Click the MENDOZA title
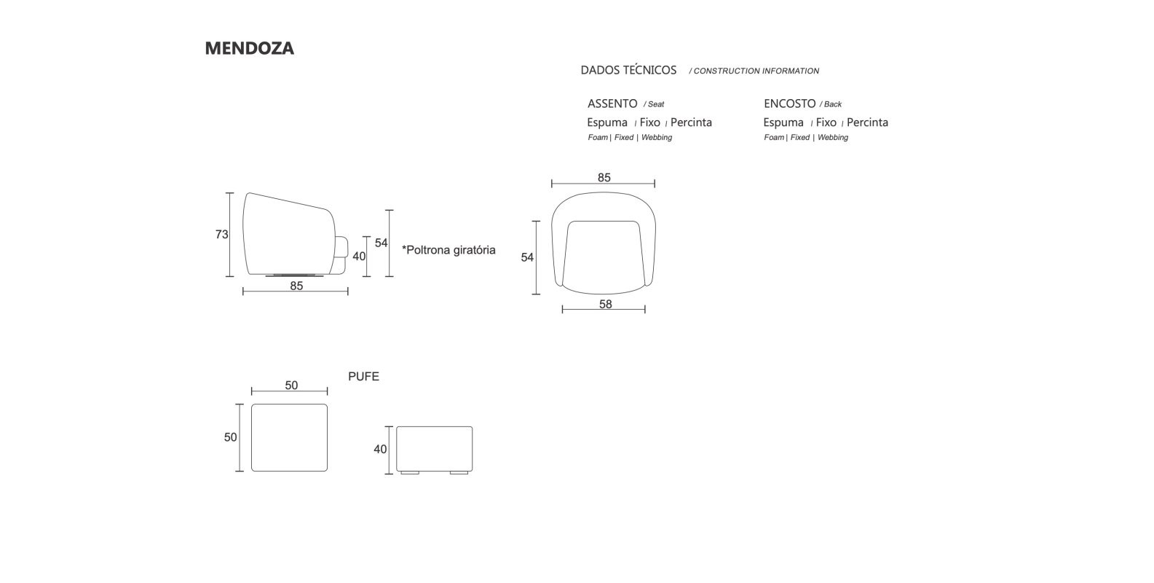point(249,48)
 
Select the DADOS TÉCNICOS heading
point(628,70)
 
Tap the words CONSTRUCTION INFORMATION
point(756,71)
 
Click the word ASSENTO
point(612,103)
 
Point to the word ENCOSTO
point(790,103)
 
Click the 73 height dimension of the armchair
point(221,235)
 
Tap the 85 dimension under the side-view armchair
point(296,286)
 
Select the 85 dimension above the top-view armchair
point(604,178)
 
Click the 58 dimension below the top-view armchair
point(605,304)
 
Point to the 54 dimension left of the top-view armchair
point(527,257)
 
